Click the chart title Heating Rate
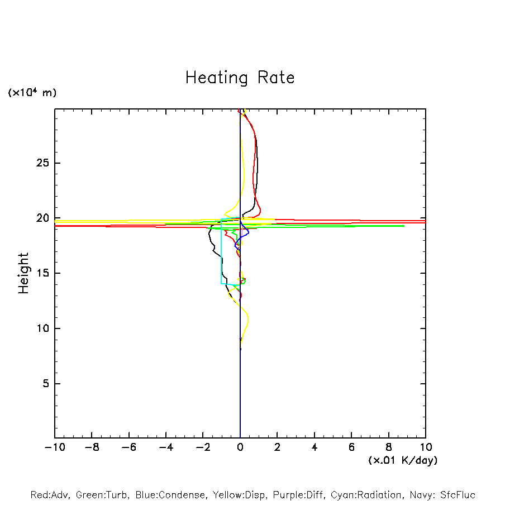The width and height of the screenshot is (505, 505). point(240,78)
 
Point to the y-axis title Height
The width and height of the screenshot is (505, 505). point(23,273)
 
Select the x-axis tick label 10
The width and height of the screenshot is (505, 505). point(425,447)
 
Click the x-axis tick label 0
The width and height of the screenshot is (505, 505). point(240,447)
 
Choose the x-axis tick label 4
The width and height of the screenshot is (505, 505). point(315,447)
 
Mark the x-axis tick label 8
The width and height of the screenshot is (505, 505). point(389,447)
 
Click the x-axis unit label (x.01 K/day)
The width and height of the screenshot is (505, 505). point(403,460)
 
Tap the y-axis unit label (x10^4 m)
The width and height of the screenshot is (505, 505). point(32,93)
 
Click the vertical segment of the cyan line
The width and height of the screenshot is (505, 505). point(221,254)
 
